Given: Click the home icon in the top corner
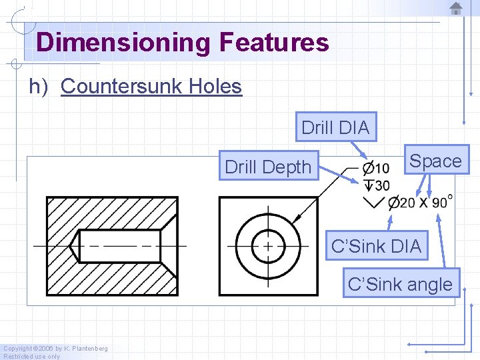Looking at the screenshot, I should click(x=456, y=8).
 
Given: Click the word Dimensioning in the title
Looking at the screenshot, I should click(x=123, y=43).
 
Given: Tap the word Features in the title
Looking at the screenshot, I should click(x=273, y=43).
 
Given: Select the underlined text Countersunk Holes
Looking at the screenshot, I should click(x=151, y=87).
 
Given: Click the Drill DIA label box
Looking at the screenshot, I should click(x=335, y=127).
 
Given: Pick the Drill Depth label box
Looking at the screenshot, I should click(x=268, y=167).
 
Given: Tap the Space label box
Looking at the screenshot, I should click(x=435, y=161).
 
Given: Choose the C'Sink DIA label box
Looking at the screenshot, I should click(x=376, y=246).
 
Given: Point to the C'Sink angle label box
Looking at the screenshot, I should click(x=400, y=285).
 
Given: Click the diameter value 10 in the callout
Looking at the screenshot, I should click(x=382, y=167).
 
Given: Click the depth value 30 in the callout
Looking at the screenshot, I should click(x=382, y=185).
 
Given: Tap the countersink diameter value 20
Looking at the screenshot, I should click(x=407, y=203).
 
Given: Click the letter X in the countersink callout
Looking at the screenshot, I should click(x=424, y=203).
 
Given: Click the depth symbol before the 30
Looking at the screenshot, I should click(x=367, y=184).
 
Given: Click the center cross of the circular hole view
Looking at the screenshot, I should click(x=268, y=245).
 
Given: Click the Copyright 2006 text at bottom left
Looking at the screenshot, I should click(x=55, y=348).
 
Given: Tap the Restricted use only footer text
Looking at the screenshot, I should click(x=31, y=356).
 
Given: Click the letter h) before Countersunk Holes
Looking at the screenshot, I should click(x=38, y=87).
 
